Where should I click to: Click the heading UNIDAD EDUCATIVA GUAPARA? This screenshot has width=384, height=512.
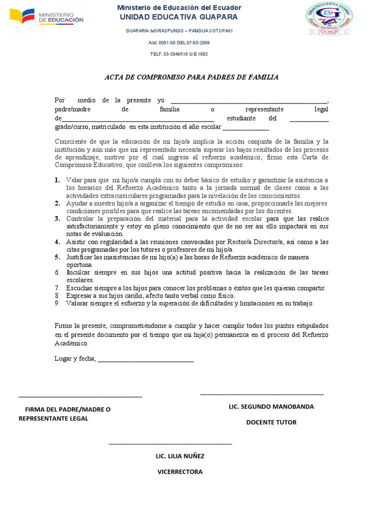pos(178,17)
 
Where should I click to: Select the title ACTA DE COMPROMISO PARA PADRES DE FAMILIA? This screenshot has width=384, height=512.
pos(191,77)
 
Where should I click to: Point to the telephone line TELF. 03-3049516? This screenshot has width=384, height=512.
pos(178,53)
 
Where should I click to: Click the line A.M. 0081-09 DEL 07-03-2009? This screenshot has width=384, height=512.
pos(178,42)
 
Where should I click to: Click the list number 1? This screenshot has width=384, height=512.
pos(57,180)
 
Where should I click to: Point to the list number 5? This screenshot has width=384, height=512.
pos(57,257)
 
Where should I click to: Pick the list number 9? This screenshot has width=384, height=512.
pos(57,303)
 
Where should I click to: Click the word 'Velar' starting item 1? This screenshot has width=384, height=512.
pos(74,180)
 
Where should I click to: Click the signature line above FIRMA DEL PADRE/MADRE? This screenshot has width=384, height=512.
pos(80,397)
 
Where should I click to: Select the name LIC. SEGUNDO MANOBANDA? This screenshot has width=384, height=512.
pos(271,406)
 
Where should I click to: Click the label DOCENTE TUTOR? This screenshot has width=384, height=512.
pos(271,422)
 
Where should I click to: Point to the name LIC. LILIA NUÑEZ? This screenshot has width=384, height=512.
pos(180,456)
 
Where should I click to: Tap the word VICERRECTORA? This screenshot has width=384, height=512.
pos(180,472)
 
